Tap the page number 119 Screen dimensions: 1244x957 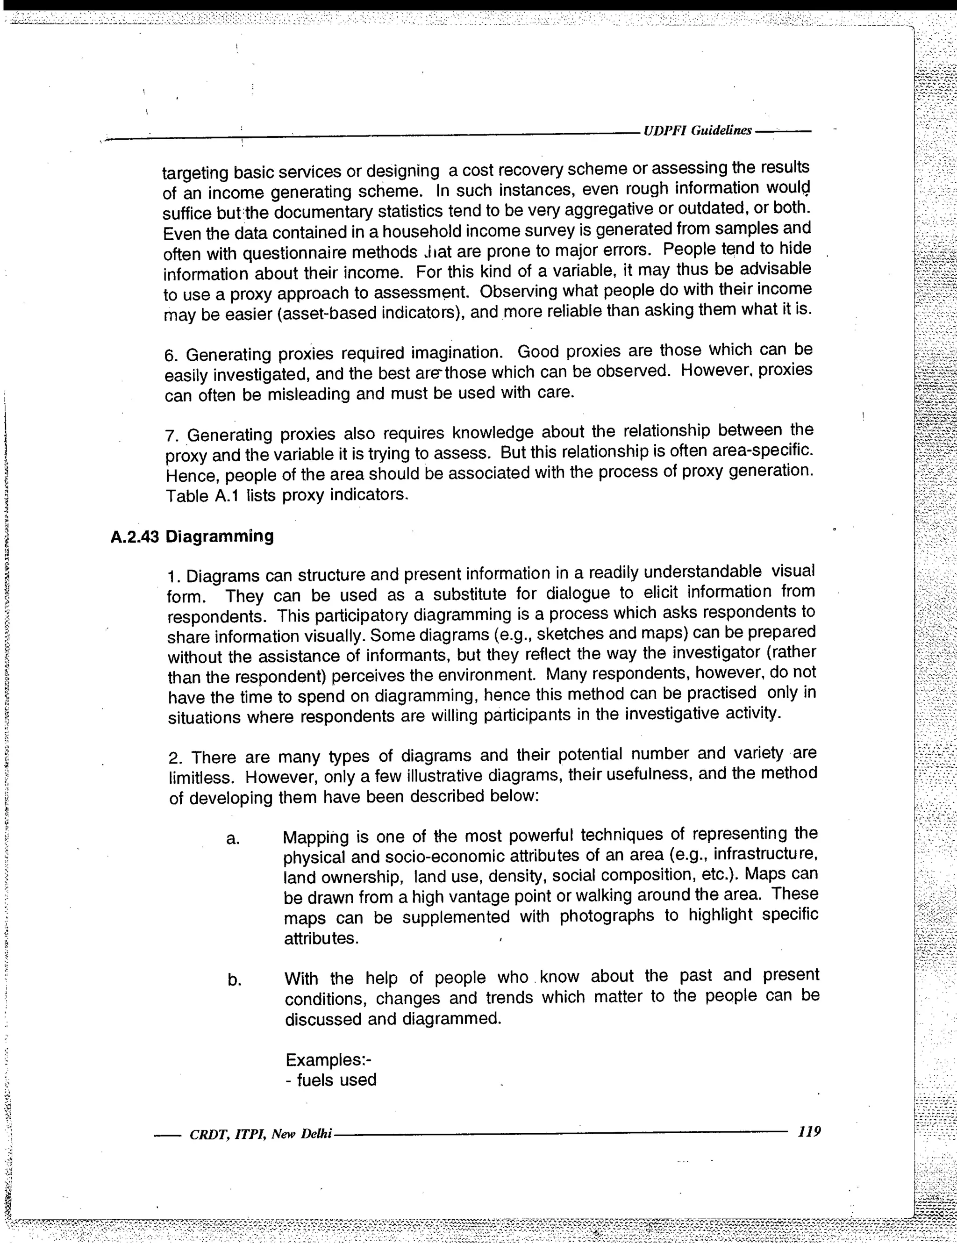pos(809,1130)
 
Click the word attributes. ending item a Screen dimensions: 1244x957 pos(321,938)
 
